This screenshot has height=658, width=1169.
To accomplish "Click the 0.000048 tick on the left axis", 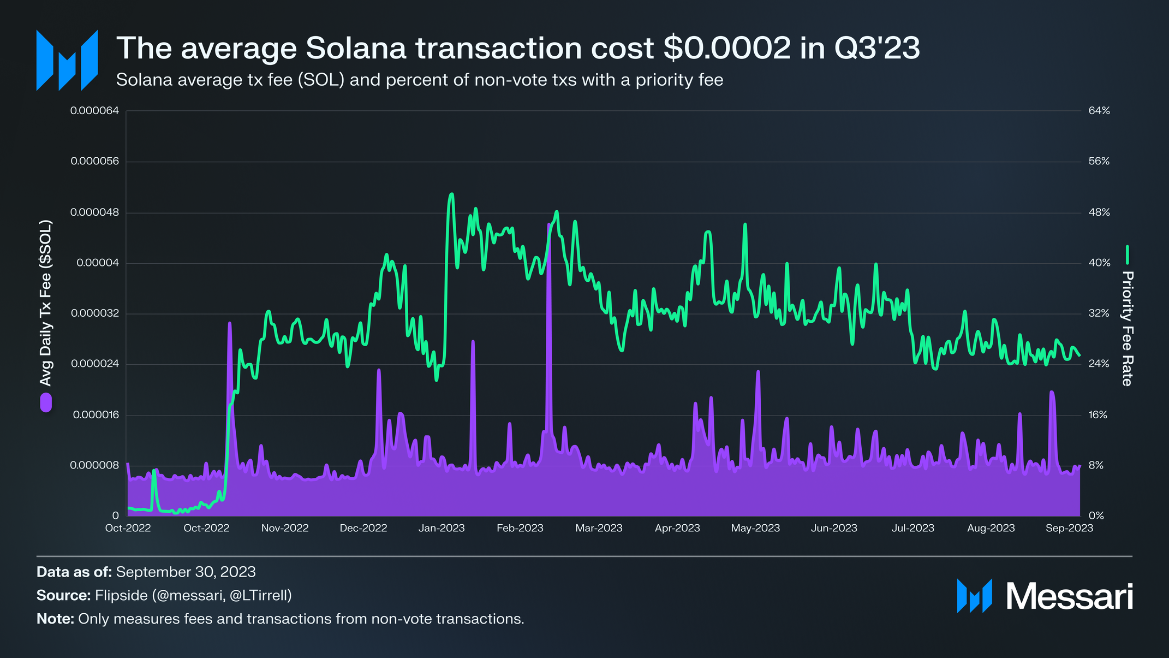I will pos(94,212).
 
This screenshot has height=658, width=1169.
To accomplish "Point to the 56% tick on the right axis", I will pos(1099,162).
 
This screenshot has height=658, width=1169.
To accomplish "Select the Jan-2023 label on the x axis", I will pos(442,528).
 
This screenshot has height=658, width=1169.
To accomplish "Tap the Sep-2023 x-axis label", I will pos(1069,528).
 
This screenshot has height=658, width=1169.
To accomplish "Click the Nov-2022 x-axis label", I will pos(285,528).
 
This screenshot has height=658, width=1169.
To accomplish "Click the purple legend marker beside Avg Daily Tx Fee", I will pos(46,402).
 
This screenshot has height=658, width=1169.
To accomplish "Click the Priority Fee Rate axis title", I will pos(1127,328).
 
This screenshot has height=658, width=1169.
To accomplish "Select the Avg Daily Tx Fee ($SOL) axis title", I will pos(46,303).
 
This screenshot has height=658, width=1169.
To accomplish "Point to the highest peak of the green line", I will pos(451,194).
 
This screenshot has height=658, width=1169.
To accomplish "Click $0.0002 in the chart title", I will pos(727,48).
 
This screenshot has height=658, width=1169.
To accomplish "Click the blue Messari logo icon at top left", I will pos(67,60).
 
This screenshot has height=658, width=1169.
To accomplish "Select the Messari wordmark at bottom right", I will pos(1069,596).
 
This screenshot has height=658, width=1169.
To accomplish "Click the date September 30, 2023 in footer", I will pos(186,572).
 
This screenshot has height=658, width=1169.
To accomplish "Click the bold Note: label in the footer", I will pos(55,619).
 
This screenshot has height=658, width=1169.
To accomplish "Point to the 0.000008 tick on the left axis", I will pos(94,465).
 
